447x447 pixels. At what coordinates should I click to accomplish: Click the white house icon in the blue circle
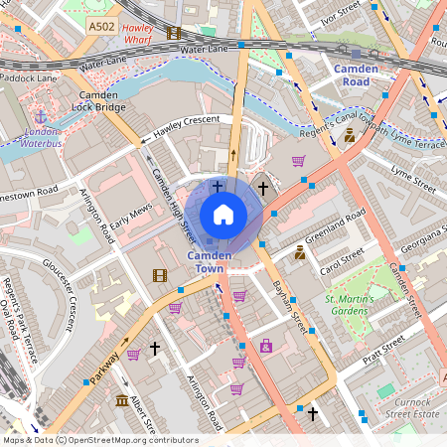coord(223,214)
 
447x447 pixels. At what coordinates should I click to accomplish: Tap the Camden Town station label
coord(210,262)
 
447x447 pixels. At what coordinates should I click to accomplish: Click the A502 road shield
coord(99,27)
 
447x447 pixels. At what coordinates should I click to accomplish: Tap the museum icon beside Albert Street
coord(121,401)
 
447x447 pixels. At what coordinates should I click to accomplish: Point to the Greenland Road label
coord(336,226)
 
